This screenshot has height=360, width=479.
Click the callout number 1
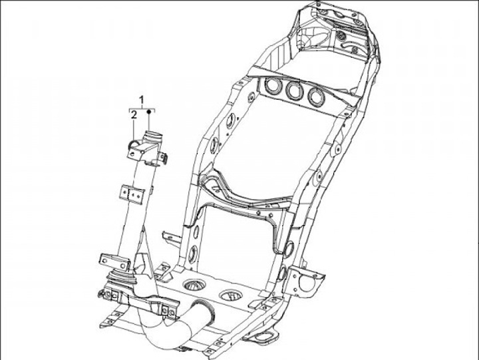coord(141,100)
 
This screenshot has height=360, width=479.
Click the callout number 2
coord(134,115)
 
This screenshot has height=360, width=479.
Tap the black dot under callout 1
coord(148,115)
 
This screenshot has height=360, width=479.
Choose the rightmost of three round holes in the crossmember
coord(314,94)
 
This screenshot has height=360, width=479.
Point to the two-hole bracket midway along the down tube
coord(132,194)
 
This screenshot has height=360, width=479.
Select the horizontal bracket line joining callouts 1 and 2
coord(141,108)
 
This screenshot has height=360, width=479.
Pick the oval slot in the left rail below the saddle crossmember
coord(194,254)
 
